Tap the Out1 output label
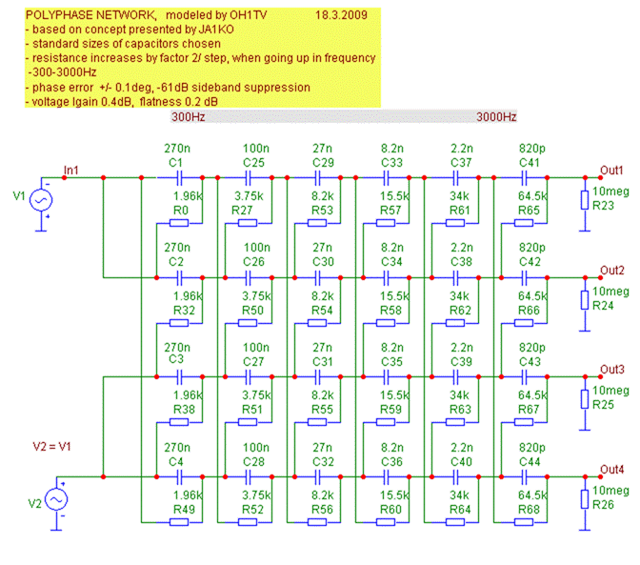[x=611, y=171]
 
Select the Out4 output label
[x=611, y=468]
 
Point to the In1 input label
[x=70, y=171]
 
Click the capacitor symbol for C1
[x=176, y=178]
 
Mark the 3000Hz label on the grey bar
[x=496, y=117]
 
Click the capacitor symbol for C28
[x=247, y=475]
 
